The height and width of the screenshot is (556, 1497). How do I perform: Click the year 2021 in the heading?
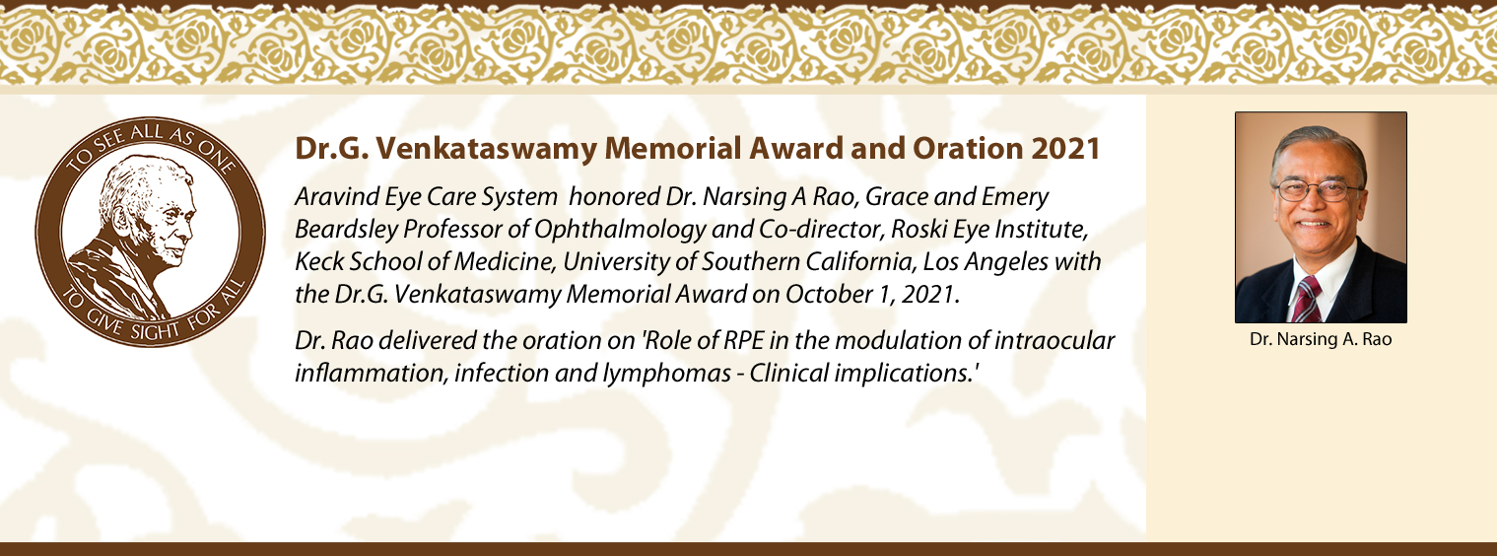tap(1065, 148)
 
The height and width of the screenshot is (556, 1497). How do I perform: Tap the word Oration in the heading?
tap(968, 148)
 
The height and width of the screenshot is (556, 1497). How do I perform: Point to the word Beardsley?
tap(346, 230)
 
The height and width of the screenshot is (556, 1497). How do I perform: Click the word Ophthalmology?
tap(620, 230)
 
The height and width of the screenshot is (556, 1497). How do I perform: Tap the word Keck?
tap(318, 261)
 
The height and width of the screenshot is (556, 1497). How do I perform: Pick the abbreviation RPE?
tap(744, 340)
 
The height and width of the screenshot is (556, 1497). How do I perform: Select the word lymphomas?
tap(666, 373)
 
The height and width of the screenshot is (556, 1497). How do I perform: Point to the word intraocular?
tap(1055, 340)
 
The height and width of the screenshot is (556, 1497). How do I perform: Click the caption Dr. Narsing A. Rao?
tap(1321, 339)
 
